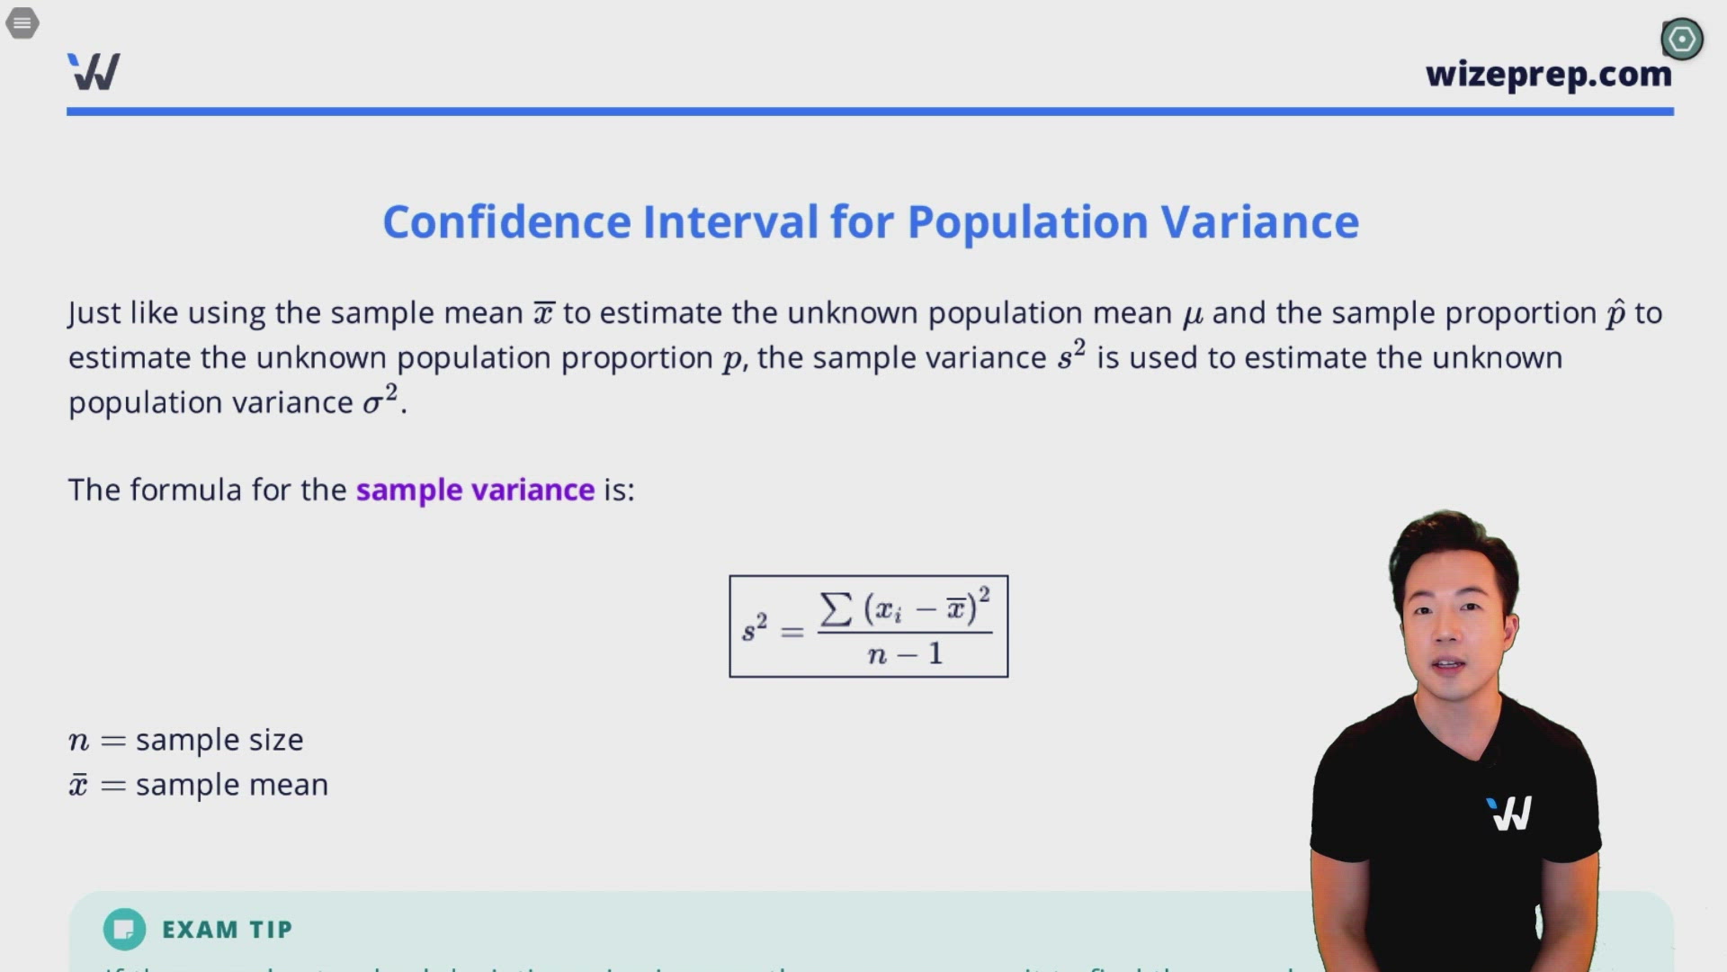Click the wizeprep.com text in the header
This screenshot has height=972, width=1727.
click(1548, 74)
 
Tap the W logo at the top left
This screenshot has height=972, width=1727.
click(94, 72)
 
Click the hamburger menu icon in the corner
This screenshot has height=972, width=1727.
click(22, 22)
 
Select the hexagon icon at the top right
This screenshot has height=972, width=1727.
click(1681, 40)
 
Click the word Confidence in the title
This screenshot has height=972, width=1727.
click(506, 222)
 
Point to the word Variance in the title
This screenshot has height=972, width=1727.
click(1259, 222)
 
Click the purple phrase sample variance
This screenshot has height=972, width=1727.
click(475, 490)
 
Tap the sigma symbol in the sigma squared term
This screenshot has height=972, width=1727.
click(372, 404)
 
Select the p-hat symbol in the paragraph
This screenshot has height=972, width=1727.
click(1615, 313)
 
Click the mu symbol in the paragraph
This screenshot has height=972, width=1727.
click(1192, 314)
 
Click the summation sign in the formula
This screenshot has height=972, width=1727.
click(836, 609)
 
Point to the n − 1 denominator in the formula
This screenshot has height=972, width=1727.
click(905, 654)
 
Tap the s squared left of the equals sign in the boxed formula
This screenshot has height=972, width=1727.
click(754, 628)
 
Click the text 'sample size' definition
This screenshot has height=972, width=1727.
click(219, 740)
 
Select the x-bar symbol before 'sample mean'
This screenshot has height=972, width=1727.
click(79, 785)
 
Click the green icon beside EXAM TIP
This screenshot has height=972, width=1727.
click(124, 929)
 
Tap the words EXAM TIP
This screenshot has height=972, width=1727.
click(227, 930)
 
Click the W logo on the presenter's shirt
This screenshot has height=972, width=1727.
click(1509, 814)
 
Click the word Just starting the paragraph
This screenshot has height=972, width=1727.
click(94, 313)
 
